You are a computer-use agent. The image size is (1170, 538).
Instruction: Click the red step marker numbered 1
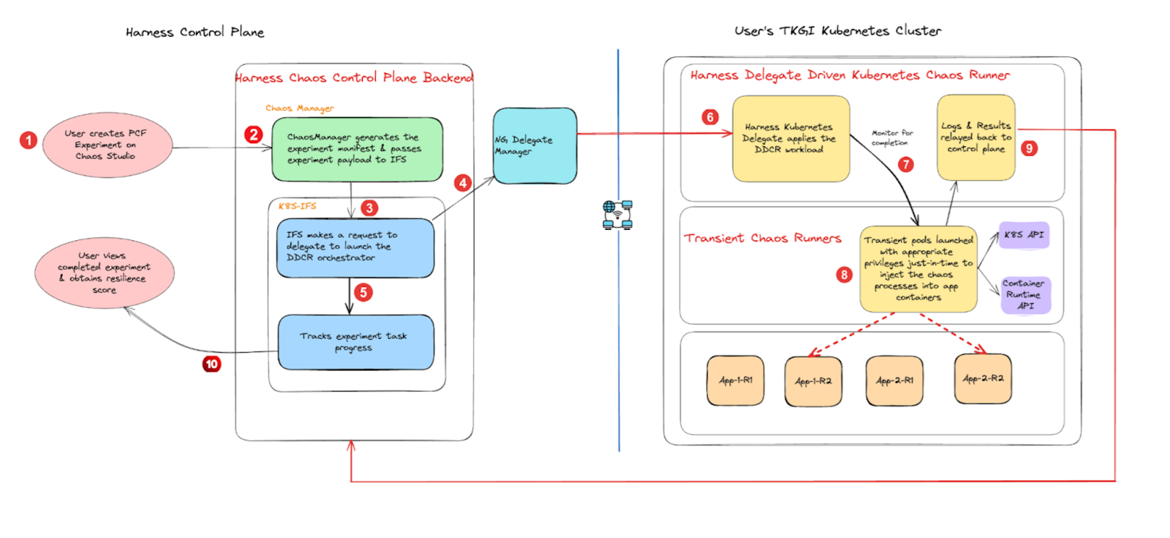tap(29, 140)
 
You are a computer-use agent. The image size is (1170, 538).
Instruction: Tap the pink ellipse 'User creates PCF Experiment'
tap(107, 145)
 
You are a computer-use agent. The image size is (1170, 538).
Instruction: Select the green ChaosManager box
tap(357, 149)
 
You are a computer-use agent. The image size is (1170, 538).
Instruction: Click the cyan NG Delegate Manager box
tap(535, 146)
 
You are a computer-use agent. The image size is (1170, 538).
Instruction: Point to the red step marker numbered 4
tap(462, 183)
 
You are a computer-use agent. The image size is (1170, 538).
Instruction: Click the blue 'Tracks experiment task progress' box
tap(355, 342)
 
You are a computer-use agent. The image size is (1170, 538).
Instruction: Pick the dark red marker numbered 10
tap(211, 364)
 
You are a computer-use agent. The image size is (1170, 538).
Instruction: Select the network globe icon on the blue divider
tap(618, 215)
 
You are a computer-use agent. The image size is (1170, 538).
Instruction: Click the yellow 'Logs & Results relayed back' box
tap(975, 137)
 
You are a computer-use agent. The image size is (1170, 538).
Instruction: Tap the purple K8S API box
tap(1024, 235)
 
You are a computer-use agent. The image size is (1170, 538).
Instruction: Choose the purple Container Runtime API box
tap(1024, 294)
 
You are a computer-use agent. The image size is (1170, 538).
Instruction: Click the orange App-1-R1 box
tap(735, 381)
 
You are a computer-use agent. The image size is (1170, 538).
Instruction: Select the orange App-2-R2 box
tap(983, 378)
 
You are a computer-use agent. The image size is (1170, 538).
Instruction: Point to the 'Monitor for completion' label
tap(891, 138)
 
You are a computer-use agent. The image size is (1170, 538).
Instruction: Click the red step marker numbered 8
tap(844, 274)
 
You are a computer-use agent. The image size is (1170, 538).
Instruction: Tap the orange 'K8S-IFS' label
tap(297, 206)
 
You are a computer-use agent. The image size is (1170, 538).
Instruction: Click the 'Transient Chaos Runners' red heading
tap(763, 238)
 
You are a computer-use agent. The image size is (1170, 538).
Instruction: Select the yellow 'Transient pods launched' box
tap(918, 269)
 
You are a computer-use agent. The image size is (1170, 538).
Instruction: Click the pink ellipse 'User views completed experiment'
tap(104, 273)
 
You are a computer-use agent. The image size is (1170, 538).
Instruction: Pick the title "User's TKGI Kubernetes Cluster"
tap(837, 31)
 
